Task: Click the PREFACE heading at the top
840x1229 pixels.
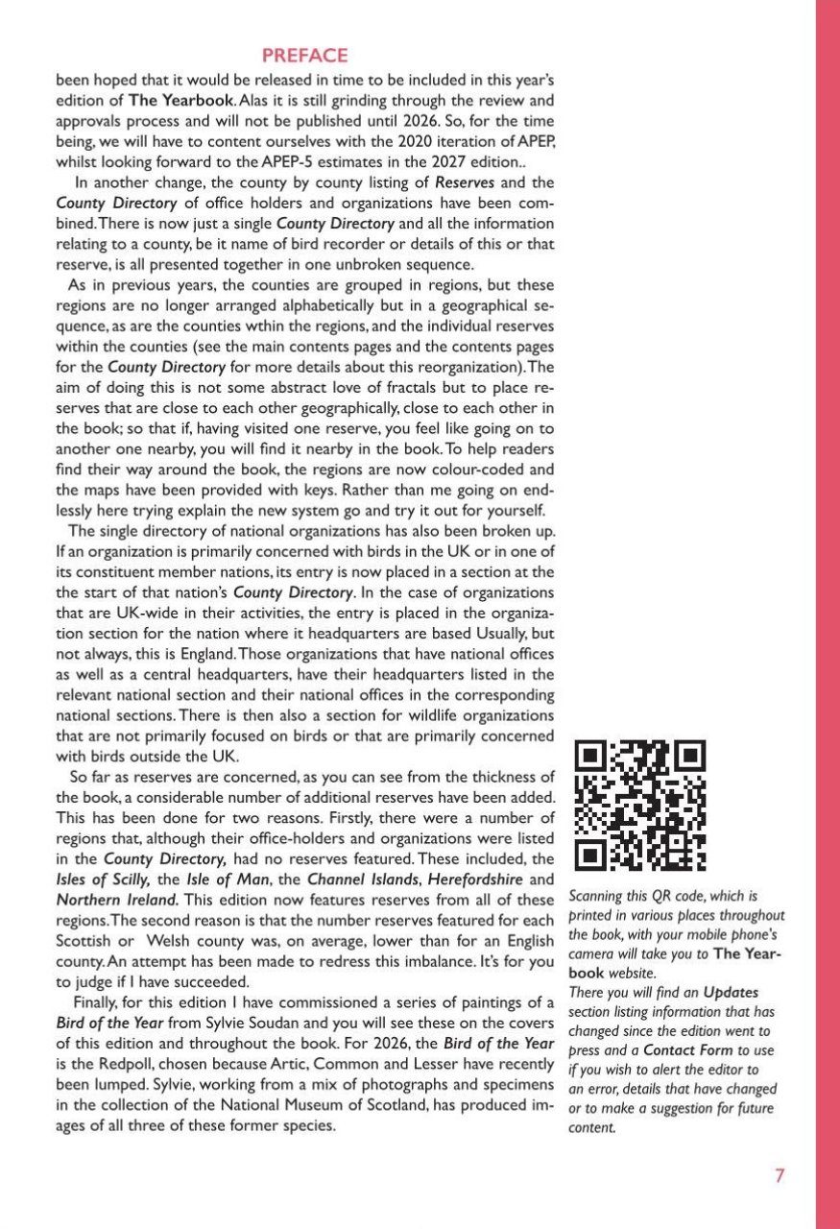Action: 304,56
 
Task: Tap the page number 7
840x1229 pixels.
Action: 780,1175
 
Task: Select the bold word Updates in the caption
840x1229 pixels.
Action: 731,991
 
